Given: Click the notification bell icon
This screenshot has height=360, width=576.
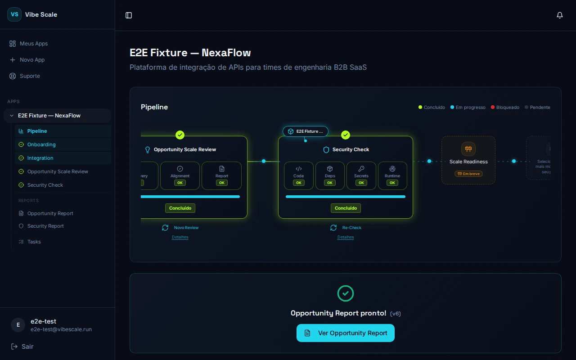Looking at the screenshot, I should click(x=560, y=15).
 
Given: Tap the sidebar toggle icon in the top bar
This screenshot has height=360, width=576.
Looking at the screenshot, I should click(x=129, y=15).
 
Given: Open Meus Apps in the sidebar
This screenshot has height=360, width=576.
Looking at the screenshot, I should click(x=33, y=44).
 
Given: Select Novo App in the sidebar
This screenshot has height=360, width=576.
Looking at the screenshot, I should click(x=32, y=60).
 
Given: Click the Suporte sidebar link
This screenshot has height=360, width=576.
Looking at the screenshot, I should click(x=30, y=76).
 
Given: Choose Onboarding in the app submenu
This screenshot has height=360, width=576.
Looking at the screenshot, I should click(x=41, y=144).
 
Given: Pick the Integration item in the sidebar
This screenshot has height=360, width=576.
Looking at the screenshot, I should click(x=40, y=158).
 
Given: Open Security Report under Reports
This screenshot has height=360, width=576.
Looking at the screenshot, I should click(x=45, y=226).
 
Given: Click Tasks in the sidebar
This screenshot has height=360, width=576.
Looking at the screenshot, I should click(x=34, y=242).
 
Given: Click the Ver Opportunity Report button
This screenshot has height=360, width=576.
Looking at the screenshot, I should click(x=346, y=333).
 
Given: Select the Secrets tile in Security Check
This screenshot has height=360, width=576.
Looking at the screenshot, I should click(x=361, y=175).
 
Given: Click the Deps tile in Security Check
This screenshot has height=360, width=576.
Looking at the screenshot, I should click(x=330, y=175).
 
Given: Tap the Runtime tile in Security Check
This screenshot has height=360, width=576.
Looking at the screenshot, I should click(x=392, y=175).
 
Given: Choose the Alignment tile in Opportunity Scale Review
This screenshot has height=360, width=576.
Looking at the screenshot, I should click(x=180, y=175).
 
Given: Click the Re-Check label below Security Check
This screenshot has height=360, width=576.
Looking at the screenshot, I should click(x=351, y=228).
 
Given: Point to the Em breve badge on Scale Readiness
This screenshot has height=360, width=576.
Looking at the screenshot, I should click(x=468, y=174).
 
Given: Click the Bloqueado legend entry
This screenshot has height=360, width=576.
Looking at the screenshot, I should click(x=507, y=108).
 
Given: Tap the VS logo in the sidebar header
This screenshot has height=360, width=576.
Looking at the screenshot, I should click(x=14, y=14).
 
